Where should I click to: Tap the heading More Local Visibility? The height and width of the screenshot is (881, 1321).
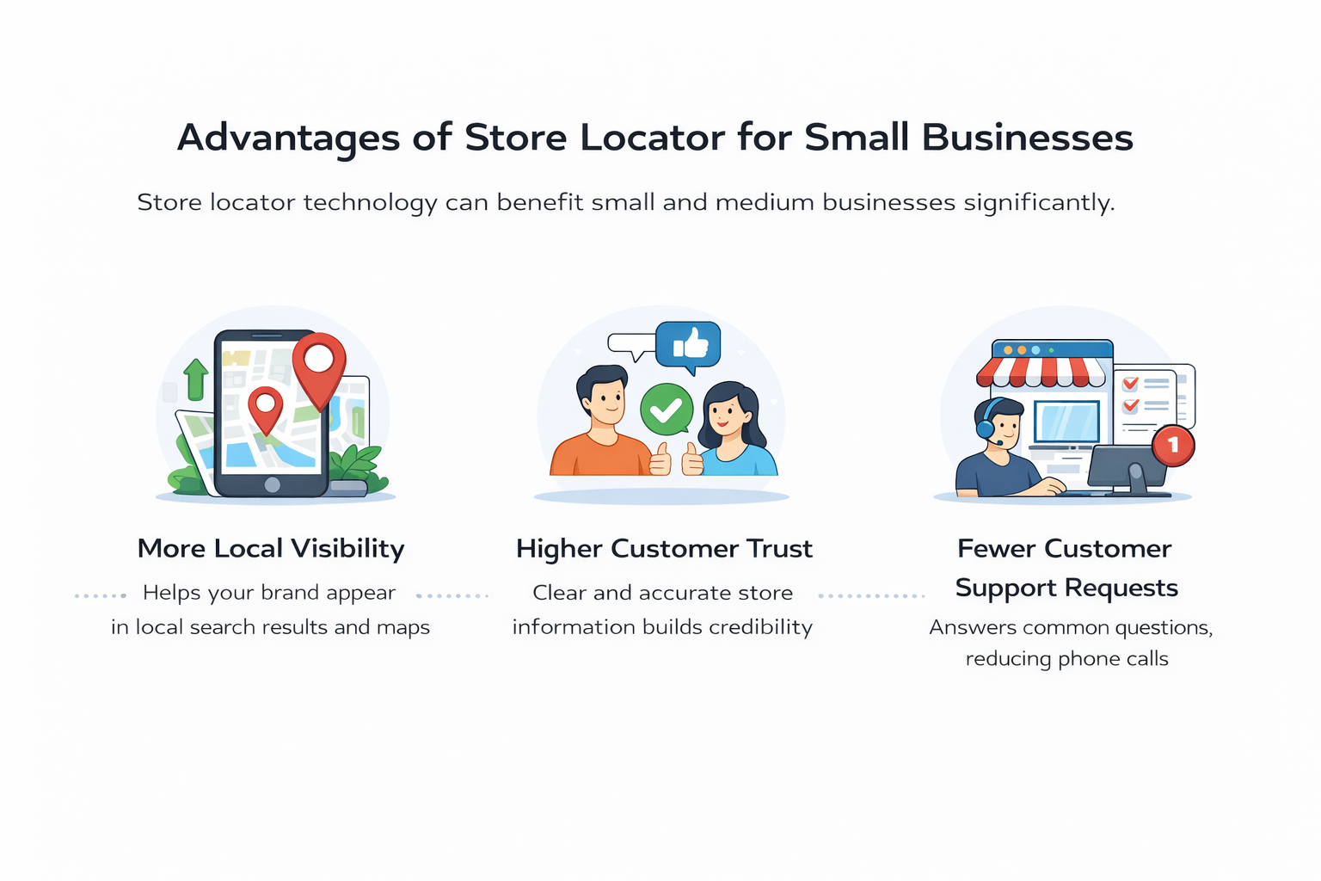271,549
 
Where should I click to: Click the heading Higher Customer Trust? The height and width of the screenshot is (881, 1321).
664,549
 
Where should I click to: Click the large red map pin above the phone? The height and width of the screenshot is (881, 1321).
319,366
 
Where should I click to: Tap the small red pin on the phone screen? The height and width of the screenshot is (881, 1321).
266,407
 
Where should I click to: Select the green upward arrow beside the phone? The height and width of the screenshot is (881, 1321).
196,379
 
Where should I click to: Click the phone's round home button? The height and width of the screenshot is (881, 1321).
273,484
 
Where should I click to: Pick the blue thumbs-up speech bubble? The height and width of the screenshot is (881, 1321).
688,345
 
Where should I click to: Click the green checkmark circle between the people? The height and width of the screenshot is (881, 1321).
667,410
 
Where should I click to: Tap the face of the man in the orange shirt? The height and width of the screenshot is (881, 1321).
606,398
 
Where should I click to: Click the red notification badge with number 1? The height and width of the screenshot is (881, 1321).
1173,446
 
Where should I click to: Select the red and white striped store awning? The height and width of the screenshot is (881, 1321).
1041,371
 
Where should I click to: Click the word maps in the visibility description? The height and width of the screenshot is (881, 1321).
402,627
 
